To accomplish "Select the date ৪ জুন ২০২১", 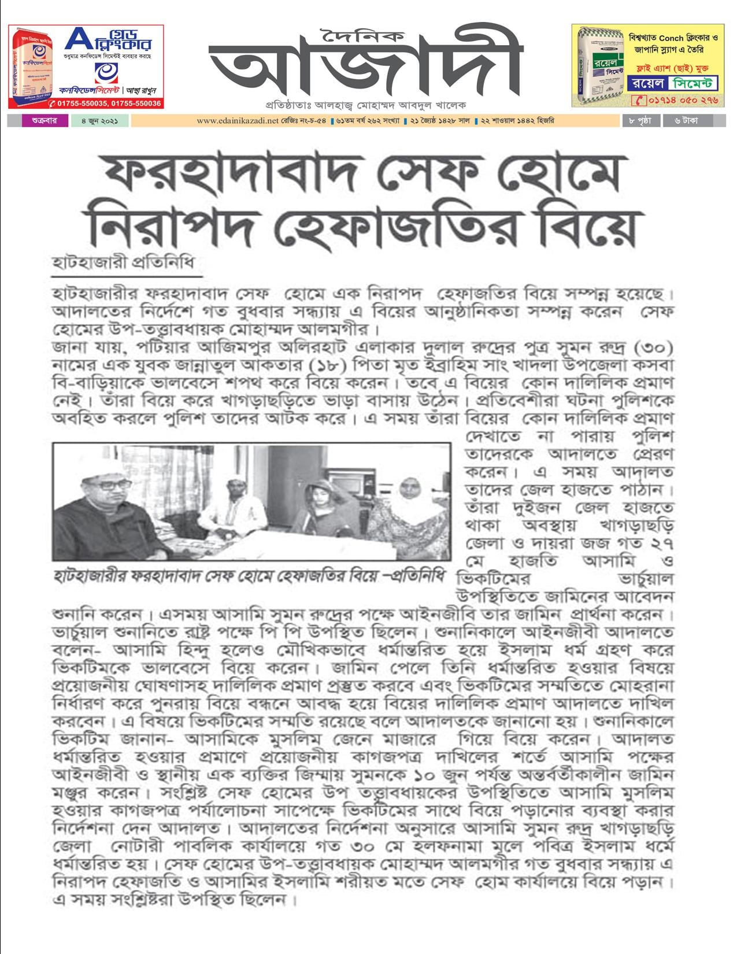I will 95,121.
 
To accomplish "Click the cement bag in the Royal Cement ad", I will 598,66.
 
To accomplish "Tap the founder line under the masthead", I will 365,106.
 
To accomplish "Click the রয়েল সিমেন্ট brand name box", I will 672,83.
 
